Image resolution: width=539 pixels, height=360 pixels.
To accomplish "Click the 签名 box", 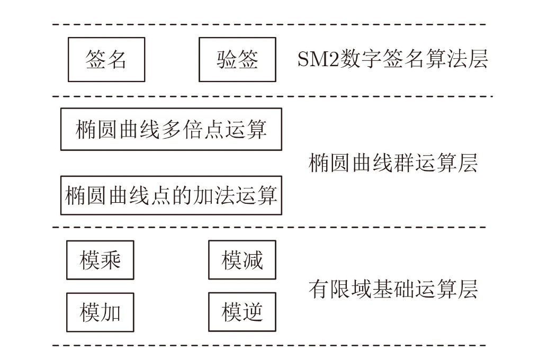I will (x=106, y=59).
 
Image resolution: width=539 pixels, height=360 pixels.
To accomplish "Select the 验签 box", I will (x=237, y=59).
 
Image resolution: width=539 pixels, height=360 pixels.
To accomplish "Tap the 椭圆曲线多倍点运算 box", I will (x=171, y=129).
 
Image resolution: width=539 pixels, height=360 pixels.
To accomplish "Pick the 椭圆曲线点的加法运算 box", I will (x=171, y=195).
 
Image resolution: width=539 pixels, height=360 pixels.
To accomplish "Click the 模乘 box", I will (x=100, y=260).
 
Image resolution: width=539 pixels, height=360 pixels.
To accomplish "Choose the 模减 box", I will (x=242, y=260).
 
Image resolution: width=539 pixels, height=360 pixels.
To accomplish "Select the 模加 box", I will (x=100, y=312).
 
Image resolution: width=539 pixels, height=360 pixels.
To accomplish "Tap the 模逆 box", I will (x=242, y=312).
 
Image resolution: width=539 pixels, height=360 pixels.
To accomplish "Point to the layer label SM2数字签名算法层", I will (x=392, y=59).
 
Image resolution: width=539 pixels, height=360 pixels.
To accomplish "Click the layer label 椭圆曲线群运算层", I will (x=393, y=163).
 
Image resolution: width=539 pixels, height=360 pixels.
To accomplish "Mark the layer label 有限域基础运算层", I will (x=393, y=289).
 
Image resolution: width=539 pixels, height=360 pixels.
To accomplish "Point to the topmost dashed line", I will (x=269, y=24).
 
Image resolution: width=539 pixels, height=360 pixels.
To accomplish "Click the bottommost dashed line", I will (x=269, y=346).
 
